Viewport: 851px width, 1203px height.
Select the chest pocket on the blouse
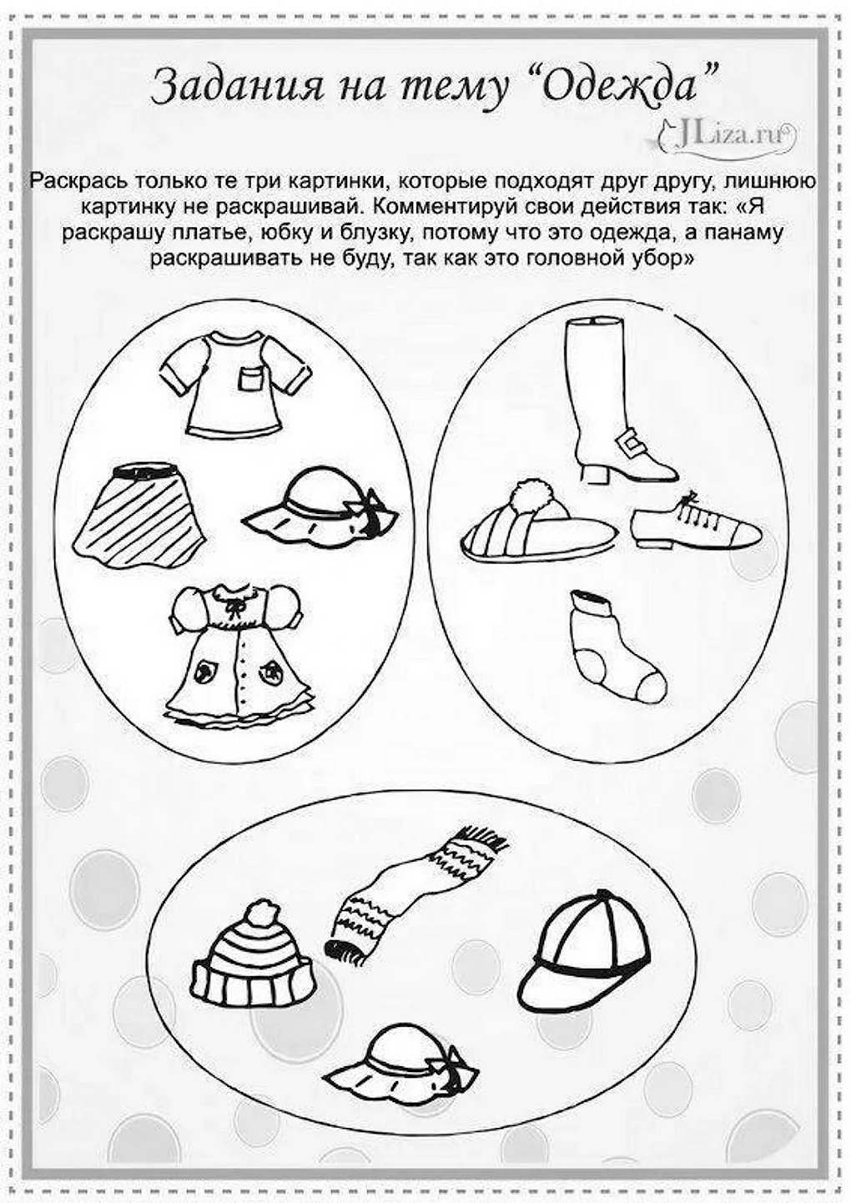coord(251,378)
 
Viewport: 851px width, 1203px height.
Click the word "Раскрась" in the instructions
coord(80,180)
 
